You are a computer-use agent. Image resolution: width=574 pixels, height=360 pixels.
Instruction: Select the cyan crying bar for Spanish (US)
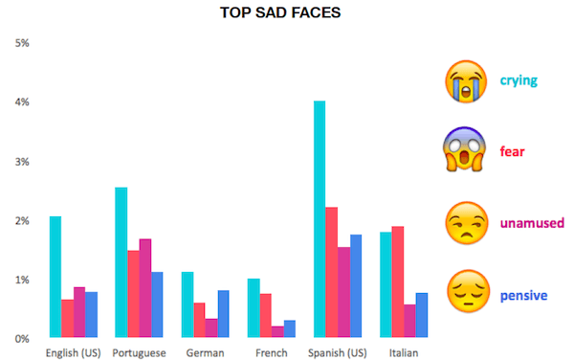(x=320, y=220)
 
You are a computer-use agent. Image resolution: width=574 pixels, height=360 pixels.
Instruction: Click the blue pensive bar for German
(x=223, y=314)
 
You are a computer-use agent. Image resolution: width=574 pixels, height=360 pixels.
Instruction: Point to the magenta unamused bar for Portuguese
(x=145, y=288)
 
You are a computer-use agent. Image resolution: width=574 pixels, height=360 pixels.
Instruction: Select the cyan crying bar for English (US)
(x=55, y=278)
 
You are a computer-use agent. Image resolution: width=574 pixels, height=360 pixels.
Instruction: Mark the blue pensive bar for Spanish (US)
(x=356, y=286)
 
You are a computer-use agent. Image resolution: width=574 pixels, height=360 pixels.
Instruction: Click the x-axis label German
(x=206, y=352)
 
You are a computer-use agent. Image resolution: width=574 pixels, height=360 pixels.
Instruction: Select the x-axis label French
(x=271, y=352)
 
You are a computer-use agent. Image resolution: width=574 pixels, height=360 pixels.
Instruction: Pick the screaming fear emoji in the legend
(x=463, y=150)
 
